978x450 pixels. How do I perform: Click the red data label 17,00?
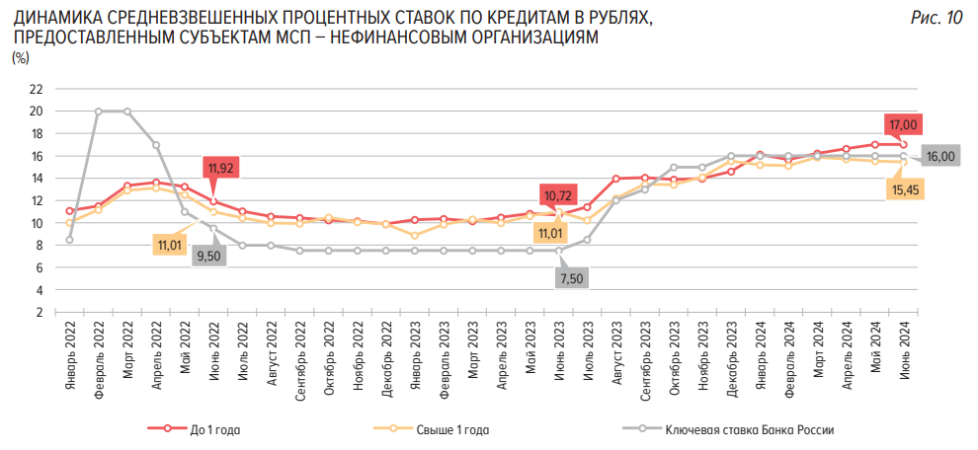coord(903,124)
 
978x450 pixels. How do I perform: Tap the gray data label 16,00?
coord(939,156)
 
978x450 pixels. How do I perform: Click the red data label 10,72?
coord(556,195)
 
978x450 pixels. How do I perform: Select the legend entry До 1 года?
coord(214,430)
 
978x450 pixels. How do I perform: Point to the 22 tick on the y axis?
coord(37,89)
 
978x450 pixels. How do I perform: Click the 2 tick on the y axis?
coord(40,313)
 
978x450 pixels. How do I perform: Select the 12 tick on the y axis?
coord(37,201)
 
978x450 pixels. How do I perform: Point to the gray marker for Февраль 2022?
coord(98,112)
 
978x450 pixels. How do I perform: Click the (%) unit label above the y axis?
coord(21,59)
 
